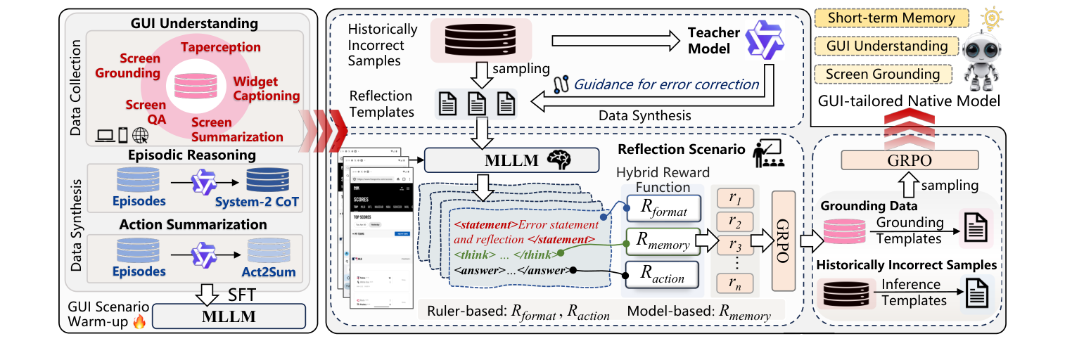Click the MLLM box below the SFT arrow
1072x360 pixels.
[229, 316]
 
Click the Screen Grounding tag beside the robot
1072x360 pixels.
[882, 74]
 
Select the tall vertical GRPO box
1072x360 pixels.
[783, 240]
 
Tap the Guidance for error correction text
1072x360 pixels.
[666, 84]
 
